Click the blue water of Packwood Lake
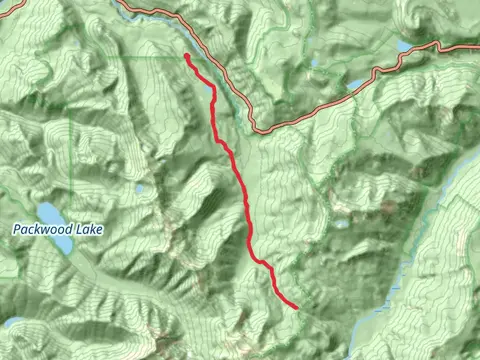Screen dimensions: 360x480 (x=48, y=213)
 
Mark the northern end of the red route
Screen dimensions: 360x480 (x=187, y=56)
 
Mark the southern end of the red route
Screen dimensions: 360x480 (x=297, y=307)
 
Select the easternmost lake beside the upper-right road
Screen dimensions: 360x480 (x=404, y=46)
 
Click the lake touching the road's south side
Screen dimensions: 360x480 (x=356, y=84)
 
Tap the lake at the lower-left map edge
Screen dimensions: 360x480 (x=12, y=323)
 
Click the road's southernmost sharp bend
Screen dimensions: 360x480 (x=258, y=128)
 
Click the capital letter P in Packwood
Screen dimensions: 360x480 (x=17, y=229)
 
